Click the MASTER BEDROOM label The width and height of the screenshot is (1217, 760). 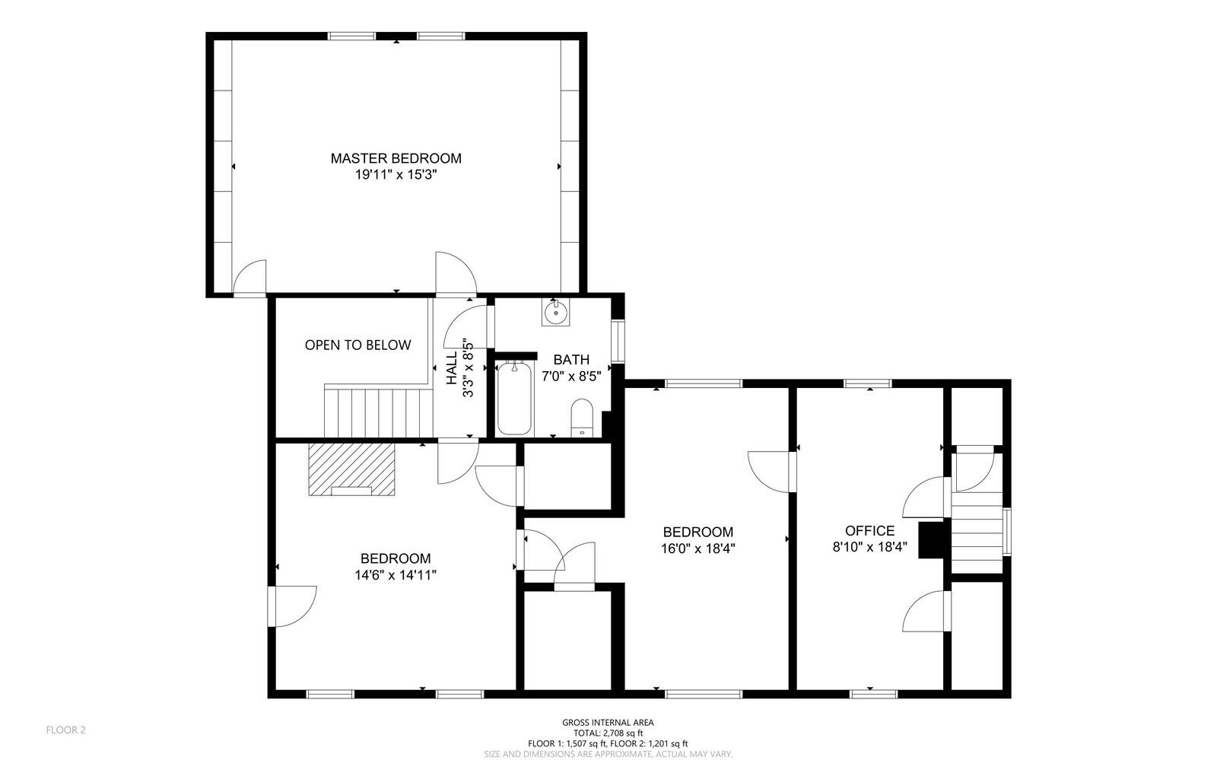396,158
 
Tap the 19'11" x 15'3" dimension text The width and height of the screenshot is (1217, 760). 396,175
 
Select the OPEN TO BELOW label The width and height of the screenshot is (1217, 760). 357,345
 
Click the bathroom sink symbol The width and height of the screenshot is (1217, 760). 555,312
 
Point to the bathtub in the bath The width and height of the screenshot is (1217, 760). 515,399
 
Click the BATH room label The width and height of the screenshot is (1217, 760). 571,359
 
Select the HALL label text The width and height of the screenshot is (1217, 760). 452,367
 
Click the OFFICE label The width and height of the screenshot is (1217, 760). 869,530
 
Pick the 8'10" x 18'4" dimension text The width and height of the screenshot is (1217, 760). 869,546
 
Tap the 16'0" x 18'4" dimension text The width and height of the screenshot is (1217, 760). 697,548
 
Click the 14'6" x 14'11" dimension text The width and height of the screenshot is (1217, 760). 395,575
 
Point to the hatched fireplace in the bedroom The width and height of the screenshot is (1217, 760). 352,469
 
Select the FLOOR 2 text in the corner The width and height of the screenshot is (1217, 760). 66,730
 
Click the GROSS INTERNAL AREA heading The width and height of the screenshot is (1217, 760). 608,723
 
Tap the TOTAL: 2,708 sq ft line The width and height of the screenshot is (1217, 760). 608,733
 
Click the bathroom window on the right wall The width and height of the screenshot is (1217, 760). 618,341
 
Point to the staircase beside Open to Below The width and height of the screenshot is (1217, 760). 377,412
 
